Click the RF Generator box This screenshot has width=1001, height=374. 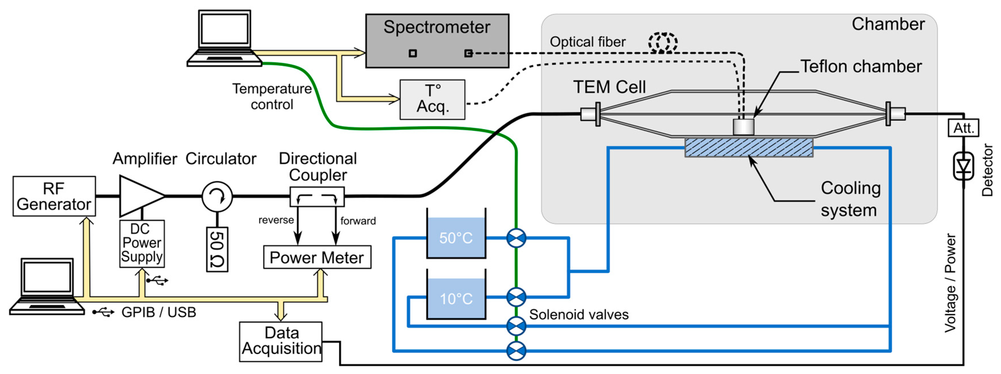[54, 196]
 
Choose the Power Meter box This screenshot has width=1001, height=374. [317, 257]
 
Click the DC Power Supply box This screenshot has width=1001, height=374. [142, 243]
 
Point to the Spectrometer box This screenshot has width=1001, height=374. [437, 41]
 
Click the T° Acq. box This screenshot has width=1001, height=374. [433, 100]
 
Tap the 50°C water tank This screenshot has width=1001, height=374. [456, 233]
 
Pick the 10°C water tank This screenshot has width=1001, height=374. [456, 294]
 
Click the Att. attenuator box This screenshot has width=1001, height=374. [963, 128]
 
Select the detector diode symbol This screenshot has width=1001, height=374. [963, 166]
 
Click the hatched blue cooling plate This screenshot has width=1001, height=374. [749, 147]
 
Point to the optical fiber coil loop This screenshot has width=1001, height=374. [663, 43]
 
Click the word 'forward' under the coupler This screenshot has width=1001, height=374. [358, 221]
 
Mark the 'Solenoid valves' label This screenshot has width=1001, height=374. [578, 314]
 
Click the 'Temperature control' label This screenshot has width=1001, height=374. [272, 96]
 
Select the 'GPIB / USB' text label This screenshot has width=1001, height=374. [159, 312]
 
